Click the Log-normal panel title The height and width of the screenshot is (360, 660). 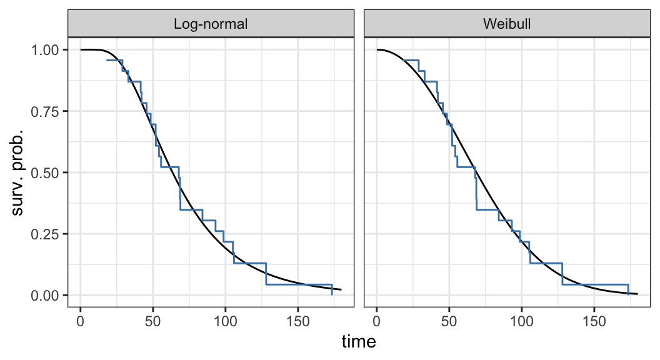coord(211,24)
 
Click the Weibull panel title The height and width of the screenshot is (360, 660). coord(507,24)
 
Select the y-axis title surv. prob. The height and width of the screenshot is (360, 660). coord(18,172)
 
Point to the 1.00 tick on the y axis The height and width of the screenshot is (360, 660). coord(47,50)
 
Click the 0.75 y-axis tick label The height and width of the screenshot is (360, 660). coord(47,111)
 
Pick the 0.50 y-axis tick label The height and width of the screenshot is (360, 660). coord(47,172)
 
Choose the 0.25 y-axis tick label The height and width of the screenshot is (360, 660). coord(47,234)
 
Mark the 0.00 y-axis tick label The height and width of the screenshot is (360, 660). coord(47,295)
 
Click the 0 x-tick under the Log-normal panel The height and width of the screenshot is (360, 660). coord(81,321)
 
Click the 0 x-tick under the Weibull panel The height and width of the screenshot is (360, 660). coord(377,321)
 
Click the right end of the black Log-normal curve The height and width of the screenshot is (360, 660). coord(341,289)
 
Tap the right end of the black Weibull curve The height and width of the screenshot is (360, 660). coord(637,294)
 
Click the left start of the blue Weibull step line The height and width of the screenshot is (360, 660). coord(404,60)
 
